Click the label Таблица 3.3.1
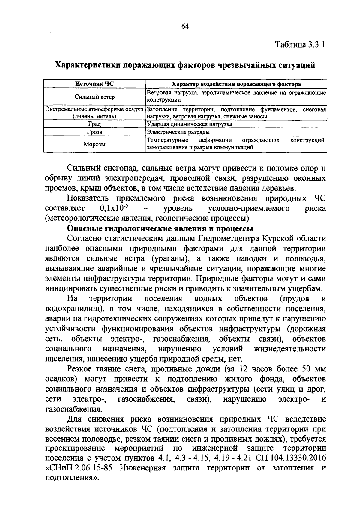[x=301, y=45]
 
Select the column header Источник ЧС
[x=94, y=84]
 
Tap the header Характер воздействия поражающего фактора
[x=236, y=84]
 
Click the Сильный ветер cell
[x=94, y=97]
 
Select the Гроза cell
[x=94, y=132]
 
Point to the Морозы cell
[x=94, y=145]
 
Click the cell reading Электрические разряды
[x=178, y=132]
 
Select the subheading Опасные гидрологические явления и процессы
[x=160, y=228]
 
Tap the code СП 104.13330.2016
[x=291, y=458]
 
